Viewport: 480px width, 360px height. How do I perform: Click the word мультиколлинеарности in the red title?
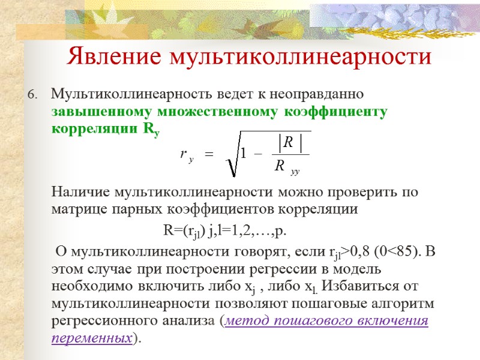click(301, 56)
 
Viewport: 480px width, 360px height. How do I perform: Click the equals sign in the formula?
click(209, 155)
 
